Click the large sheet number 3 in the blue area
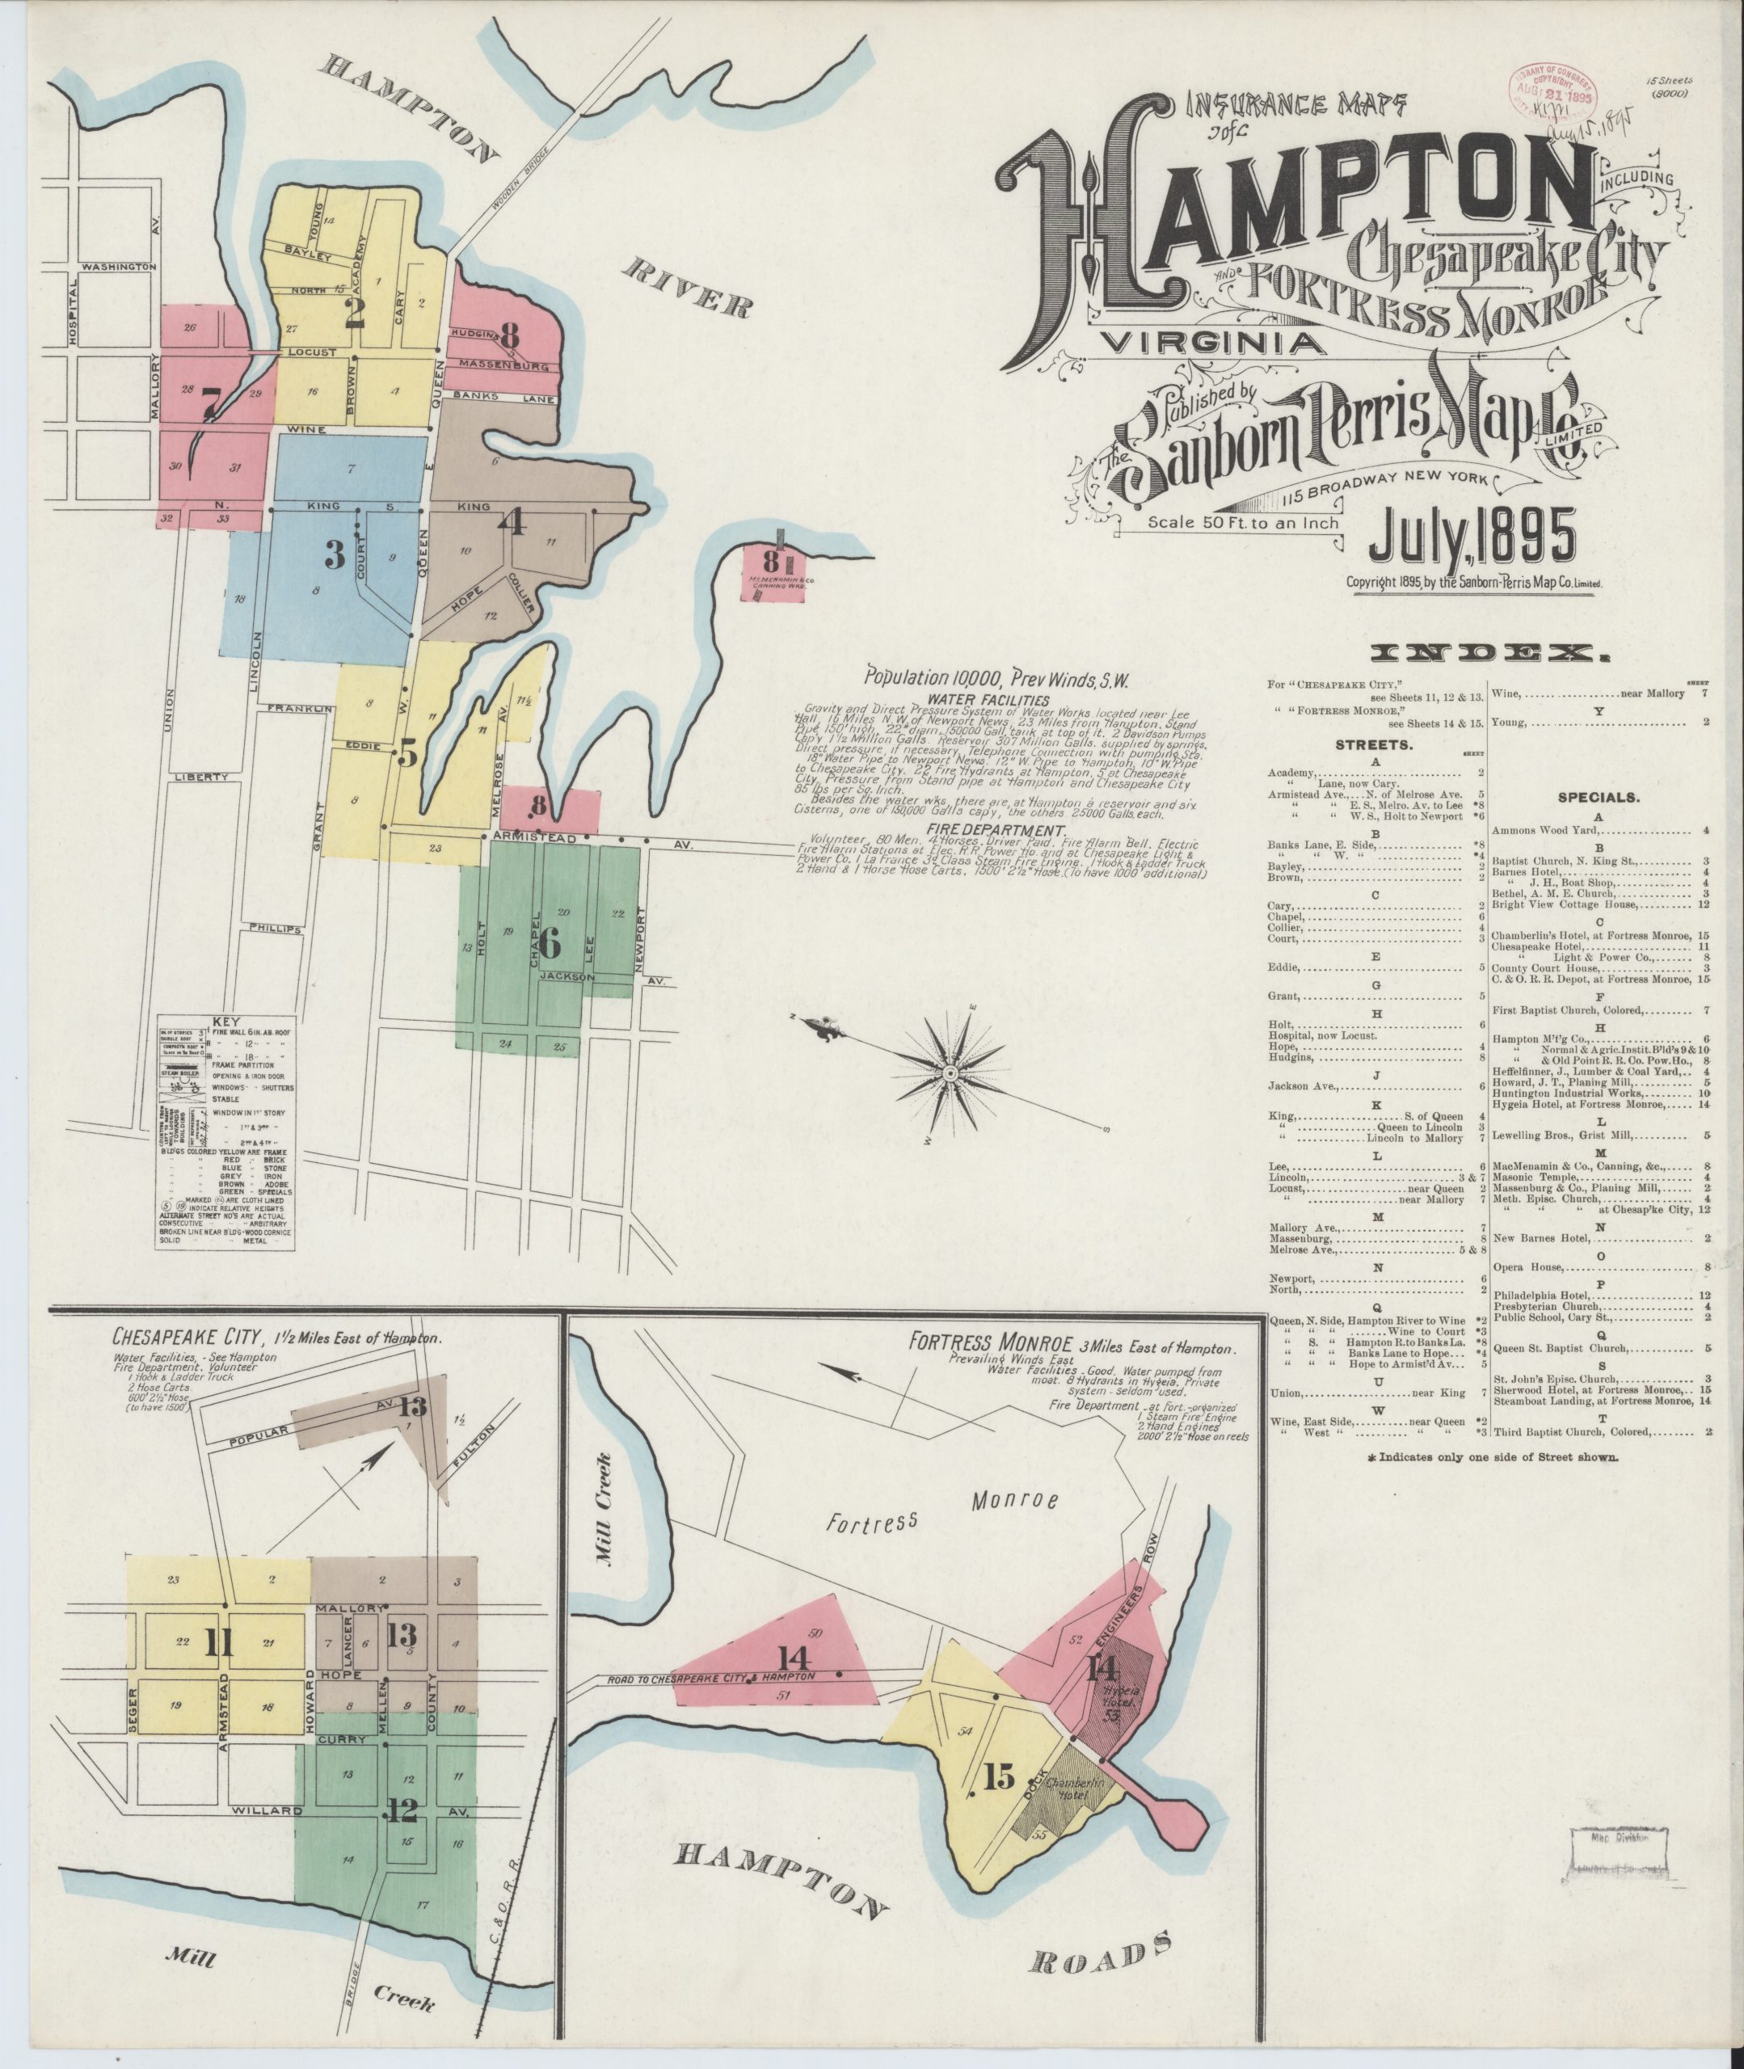(335, 558)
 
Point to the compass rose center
(949, 1073)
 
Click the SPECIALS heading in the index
(1599, 794)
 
